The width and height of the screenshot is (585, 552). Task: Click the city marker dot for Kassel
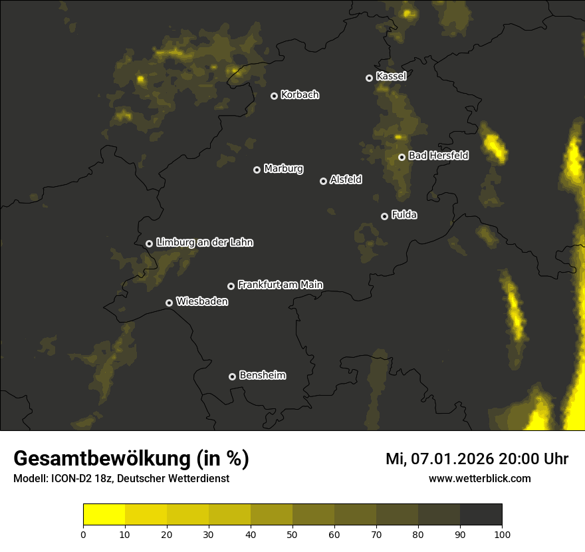[x=369, y=78]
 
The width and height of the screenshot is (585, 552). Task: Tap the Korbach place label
[x=300, y=95]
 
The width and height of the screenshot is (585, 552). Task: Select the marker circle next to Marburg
[x=257, y=170]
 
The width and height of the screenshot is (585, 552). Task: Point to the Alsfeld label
[x=346, y=180]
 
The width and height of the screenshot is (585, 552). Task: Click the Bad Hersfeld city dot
[x=402, y=157]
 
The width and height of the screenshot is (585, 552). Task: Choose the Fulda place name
[x=404, y=215]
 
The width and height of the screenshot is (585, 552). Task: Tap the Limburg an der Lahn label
[x=204, y=243]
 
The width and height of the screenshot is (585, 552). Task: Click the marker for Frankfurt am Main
[x=231, y=286]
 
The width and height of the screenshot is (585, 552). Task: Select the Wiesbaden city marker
[x=169, y=303]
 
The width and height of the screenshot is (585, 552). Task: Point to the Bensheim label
[x=262, y=376]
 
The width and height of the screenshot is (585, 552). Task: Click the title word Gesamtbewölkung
[x=102, y=459]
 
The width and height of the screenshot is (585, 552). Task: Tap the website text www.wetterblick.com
[x=480, y=478]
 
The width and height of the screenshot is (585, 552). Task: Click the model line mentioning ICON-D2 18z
[x=121, y=478]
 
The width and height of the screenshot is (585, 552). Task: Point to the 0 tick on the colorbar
[x=83, y=534]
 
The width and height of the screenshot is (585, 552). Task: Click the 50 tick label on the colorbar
[x=292, y=534]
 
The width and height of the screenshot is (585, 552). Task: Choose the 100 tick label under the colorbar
[x=502, y=534]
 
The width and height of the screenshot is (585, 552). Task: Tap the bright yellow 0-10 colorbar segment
[x=104, y=515]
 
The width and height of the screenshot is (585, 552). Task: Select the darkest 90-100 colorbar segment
[x=481, y=515]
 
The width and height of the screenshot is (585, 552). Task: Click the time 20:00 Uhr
[x=531, y=459]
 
